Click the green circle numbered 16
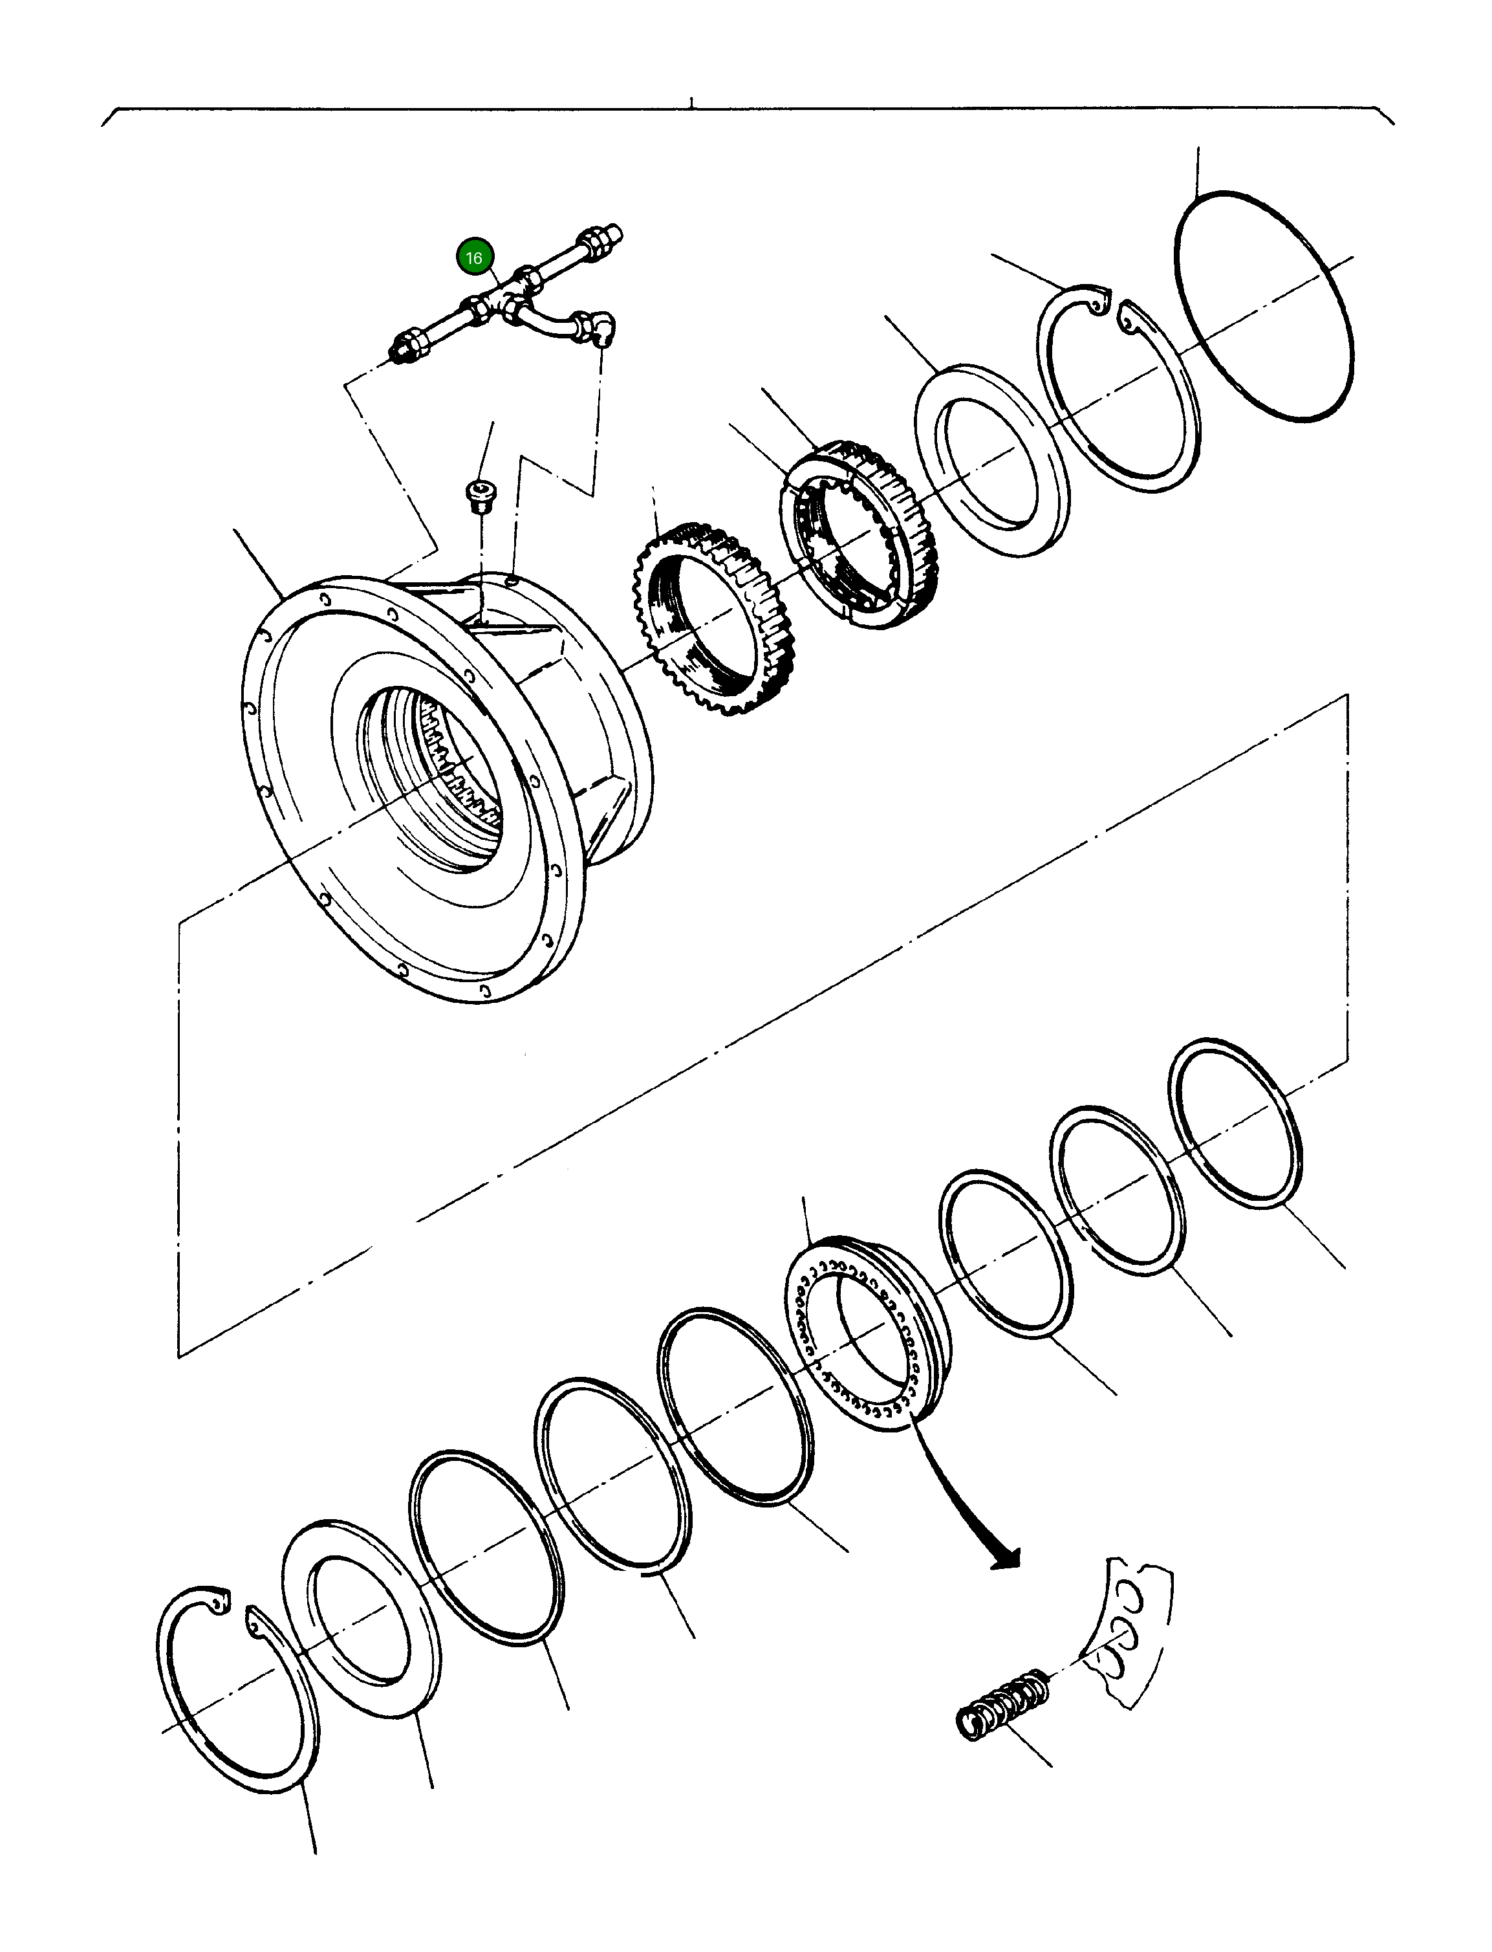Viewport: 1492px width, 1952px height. pos(473,258)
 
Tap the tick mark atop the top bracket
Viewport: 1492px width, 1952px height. pos(691,103)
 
